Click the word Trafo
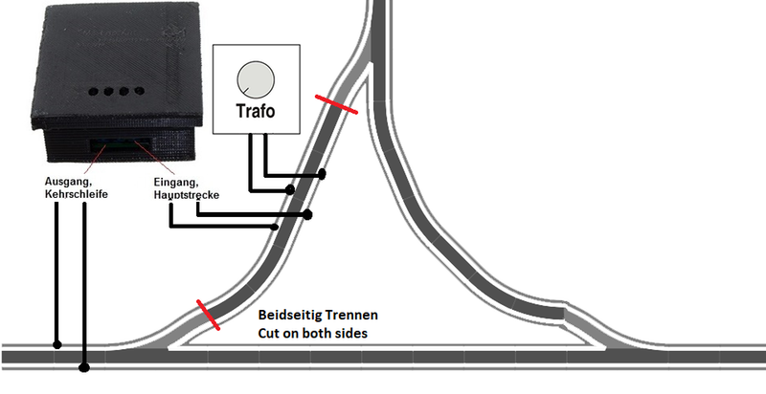pyautogui.click(x=256, y=111)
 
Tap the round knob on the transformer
pyautogui.click(x=256, y=79)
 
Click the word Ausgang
pyautogui.click(x=68, y=182)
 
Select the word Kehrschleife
pyautogui.click(x=77, y=194)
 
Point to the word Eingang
pyautogui.click(x=176, y=183)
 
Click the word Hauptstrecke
pyautogui.click(x=186, y=194)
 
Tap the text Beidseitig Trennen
pyautogui.click(x=318, y=315)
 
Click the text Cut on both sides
pyautogui.click(x=313, y=334)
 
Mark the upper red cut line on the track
pyautogui.click(x=336, y=105)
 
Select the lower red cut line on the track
pyautogui.click(x=208, y=315)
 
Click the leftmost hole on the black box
pyautogui.click(x=93, y=91)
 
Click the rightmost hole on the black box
pyautogui.click(x=140, y=91)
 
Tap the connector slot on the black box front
pyautogui.click(x=121, y=144)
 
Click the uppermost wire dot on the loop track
pyautogui.click(x=322, y=174)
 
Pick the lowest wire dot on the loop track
pyautogui.click(x=275, y=227)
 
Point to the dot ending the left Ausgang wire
pyautogui.click(x=57, y=344)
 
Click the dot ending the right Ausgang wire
pyautogui.click(x=84, y=366)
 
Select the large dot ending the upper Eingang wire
pyautogui.click(x=307, y=214)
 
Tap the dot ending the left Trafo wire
pyautogui.click(x=290, y=189)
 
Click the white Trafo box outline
pyautogui.click(x=257, y=89)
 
